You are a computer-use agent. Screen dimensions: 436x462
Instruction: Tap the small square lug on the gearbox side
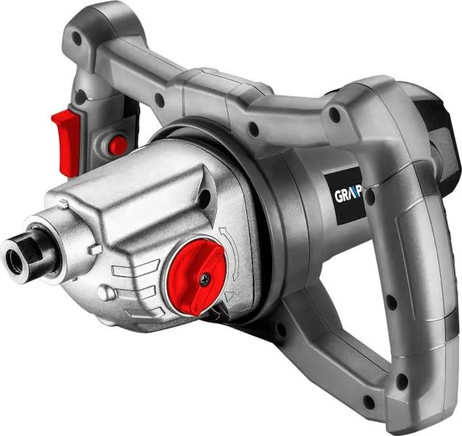click(95, 250)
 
